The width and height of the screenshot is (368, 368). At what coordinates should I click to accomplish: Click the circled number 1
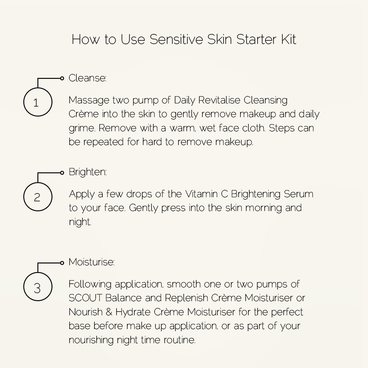coord(38,102)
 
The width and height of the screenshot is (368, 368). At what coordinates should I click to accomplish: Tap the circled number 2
coord(38,197)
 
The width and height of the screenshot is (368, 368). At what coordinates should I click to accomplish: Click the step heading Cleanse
coord(87,78)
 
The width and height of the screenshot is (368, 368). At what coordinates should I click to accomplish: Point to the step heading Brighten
coord(88,172)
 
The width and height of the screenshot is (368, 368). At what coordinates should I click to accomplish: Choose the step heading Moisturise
coord(91,262)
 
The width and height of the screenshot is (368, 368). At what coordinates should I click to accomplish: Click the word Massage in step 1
coord(89,101)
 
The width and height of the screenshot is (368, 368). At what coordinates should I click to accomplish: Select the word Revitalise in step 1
coord(219,100)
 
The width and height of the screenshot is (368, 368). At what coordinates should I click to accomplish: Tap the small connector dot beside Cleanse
coord(62,79)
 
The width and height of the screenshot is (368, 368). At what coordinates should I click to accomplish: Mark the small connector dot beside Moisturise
coord(62,263)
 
